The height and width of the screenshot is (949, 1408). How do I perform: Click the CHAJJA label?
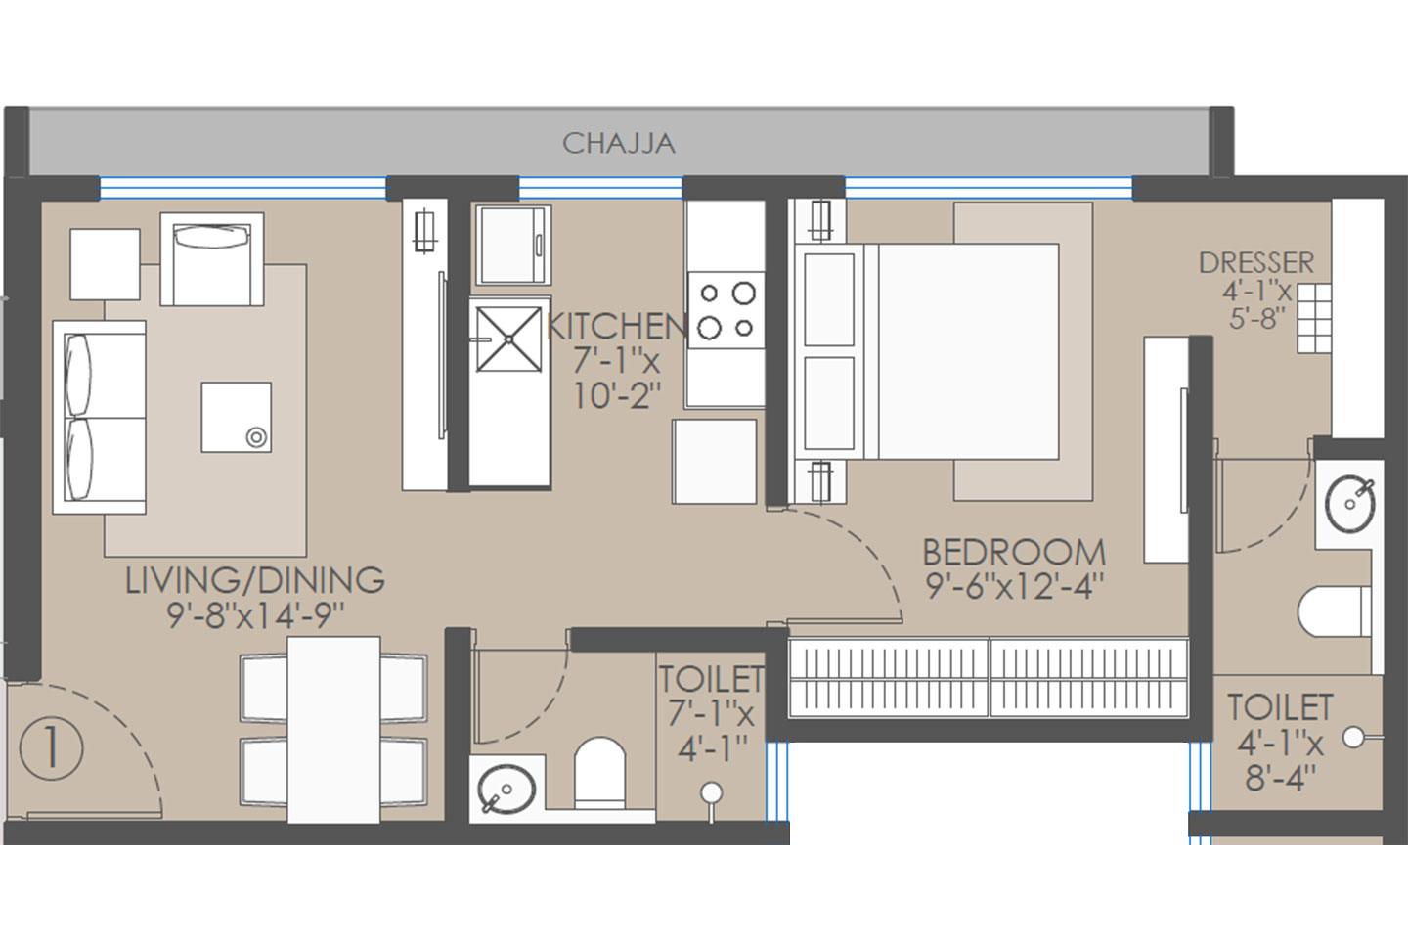[x=618, y=143]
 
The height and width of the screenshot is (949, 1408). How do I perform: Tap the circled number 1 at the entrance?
[x=50, y=748]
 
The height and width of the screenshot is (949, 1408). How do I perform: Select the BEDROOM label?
[x=1014, y=553]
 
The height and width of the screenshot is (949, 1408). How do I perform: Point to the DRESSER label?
[x=1255, y=263]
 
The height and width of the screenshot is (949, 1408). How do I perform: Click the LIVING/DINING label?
[x=254, y=580]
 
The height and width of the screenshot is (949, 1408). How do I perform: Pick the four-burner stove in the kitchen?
[x=725, y=310]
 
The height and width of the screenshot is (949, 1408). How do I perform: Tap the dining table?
[x=333, y=729]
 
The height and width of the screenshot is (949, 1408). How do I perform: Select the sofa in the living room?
[x=99, y=417]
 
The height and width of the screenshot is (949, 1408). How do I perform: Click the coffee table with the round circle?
[x=236, y=418]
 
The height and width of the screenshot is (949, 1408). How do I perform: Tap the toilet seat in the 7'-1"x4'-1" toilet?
[x=597, y=772]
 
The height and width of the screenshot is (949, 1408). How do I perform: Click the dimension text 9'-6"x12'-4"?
[x=1014, y=586]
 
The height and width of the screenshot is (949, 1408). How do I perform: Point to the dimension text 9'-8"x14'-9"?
[x=254, y=614]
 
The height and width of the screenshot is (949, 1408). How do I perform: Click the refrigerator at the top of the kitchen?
[x=512, y=244]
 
